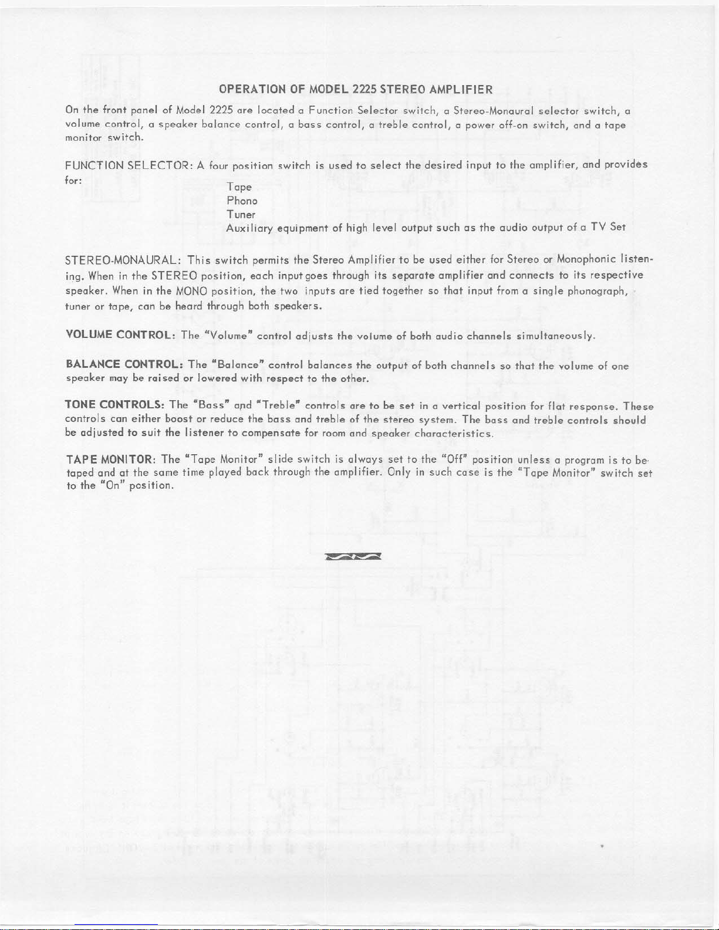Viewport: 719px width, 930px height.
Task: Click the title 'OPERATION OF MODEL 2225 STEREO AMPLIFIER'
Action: (x=355, y=90)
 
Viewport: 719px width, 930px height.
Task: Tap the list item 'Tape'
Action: (x=239, y=187)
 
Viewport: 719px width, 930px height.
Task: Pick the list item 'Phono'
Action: (x=242, y=201)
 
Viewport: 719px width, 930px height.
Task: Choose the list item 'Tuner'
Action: (x=241, y=215)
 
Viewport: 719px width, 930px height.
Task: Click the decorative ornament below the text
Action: (x=353, y=556)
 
